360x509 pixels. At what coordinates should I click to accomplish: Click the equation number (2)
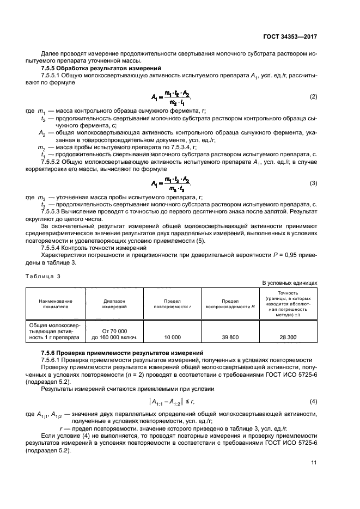point(313,96)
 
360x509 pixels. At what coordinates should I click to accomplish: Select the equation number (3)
point(313,183)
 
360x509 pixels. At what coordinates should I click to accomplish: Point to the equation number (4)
point(313,402)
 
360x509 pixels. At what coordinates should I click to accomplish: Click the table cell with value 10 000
point(172,337)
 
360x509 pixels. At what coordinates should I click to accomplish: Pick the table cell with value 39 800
point(230,337)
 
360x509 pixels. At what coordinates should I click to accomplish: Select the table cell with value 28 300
point(288,337)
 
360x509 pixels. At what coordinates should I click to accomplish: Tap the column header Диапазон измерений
point(114,303)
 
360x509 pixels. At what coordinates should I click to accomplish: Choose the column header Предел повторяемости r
point(172,303)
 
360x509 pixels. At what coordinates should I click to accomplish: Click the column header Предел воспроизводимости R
point(230,303)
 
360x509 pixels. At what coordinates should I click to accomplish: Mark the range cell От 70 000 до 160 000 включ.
point(114,334)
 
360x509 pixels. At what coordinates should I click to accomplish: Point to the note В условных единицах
point(290,283)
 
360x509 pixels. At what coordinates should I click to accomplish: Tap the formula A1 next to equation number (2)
point(172,97)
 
